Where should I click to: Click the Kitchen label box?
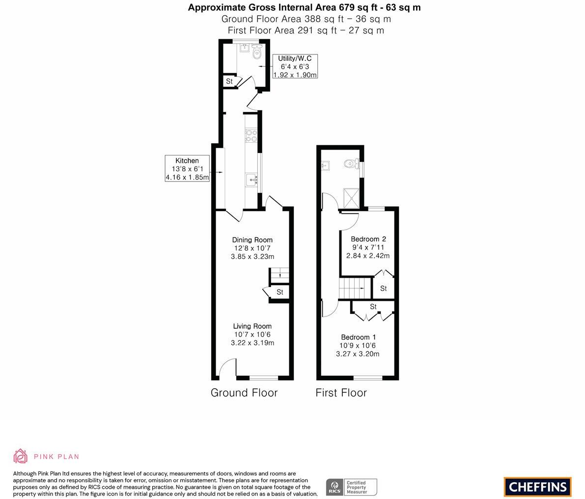tap(187, 169)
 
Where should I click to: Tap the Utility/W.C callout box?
tap(295, 66)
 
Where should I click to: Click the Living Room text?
tap(252, 326)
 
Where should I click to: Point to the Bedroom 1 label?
tap(359, 338)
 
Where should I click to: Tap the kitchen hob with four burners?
tap(251, 135)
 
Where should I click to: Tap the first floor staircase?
tap(354, 288)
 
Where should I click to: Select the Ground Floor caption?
tap(244, 393)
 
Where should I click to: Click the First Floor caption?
tap(341, 393)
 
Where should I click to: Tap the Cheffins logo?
tap(537, 487)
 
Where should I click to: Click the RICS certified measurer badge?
tap(351, 487)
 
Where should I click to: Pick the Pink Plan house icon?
tap(21, 456)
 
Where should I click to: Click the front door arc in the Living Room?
tap(227, 368)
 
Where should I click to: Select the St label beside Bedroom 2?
tap(384, 289)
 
